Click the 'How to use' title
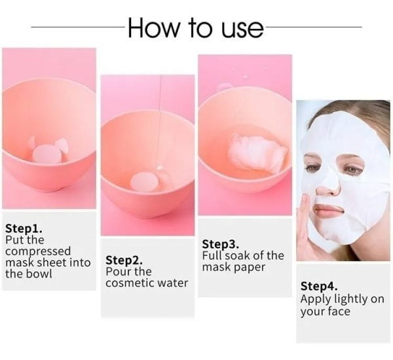196,27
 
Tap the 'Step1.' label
24,228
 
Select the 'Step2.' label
124,261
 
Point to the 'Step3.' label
221,244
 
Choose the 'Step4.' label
319,286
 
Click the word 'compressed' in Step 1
38,252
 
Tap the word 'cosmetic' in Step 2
130,283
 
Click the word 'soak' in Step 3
238,255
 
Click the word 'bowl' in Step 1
39,274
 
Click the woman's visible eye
353,170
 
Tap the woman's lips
329,209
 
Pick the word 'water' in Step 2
173,283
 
